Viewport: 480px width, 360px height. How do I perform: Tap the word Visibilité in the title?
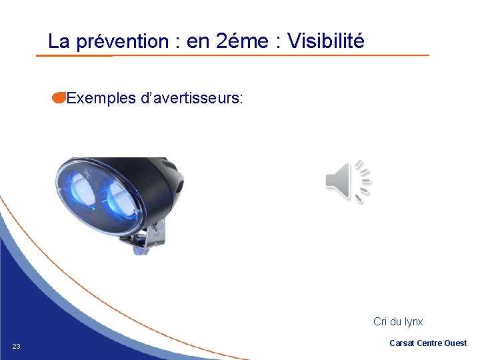[326, 41]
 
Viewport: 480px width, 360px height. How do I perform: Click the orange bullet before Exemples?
[58, 99]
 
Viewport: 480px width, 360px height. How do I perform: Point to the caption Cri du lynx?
[398, 321]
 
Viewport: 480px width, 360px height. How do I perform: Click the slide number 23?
[17, 346]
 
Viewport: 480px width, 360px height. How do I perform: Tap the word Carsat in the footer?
[401, 343]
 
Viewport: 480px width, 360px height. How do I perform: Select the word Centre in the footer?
[429, 343]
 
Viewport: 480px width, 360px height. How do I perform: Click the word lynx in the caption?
[413, 321]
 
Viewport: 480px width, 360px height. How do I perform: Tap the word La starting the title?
[59, 42]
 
